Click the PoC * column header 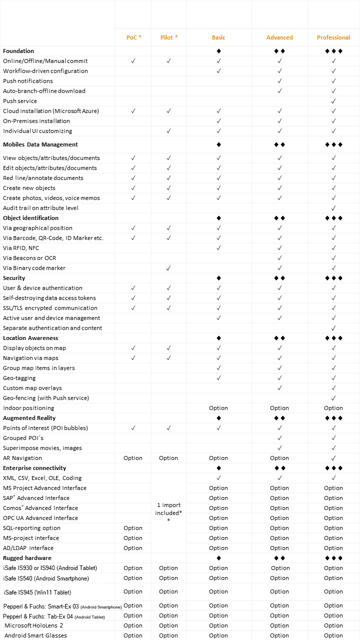[x=133, y=37]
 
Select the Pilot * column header [x=169, y=37]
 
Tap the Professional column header [x=333, y=37]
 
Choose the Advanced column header [x=279, y=37]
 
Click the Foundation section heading [x=18, y=51]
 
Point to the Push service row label [x=20, y=101]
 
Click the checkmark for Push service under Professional [x=333, y=101]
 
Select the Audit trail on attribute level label [x=40, y=208]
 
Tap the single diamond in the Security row [x=218, y=278]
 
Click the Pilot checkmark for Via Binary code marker [x=169, y=268]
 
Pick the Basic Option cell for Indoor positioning [x=218, y=408]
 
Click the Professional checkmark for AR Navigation [x=333, y=458]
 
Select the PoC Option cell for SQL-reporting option [x=133, y=528]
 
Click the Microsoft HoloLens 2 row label [x=33, y=625]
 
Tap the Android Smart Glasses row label [x=35, y=635]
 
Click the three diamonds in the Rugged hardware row [x=333, y=558]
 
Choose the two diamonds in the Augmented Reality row [x=279, y=418]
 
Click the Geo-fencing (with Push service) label [x=46, y=398]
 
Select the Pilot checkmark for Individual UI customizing [x=169, y=131]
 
